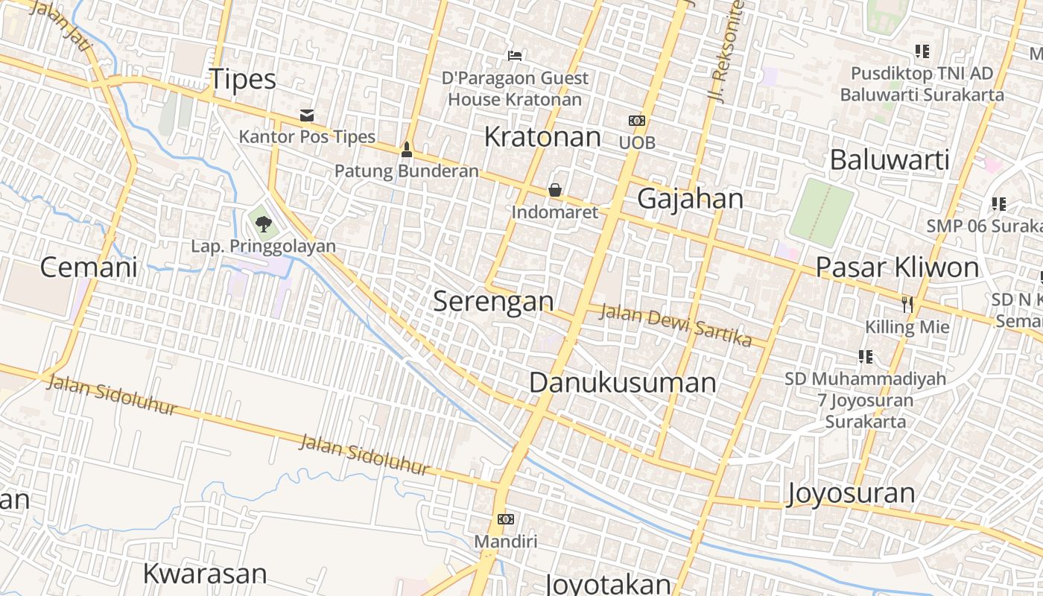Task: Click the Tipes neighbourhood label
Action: [242, 80]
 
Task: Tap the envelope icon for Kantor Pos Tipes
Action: [306, 115]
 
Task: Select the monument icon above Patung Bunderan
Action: [406, 149]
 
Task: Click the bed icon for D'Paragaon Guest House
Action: [514, 55]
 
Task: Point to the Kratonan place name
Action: [542, 137]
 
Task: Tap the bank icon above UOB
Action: [637, 121]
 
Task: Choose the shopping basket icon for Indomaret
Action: [554, 190]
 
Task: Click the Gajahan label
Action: [690, 199]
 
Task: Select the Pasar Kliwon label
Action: [897, 267]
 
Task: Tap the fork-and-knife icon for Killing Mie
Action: [907, 304]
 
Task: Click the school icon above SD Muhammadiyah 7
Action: [865, 357]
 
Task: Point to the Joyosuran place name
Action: [852, 493]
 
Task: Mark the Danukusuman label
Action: [623, 383]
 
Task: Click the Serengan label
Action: [493, 302]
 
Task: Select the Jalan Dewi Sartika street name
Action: [675, 325]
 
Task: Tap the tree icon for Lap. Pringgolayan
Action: [263, 223]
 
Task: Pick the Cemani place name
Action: [88, 267]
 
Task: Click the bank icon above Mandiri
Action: [506, 519]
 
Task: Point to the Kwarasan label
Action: [204, 574]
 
